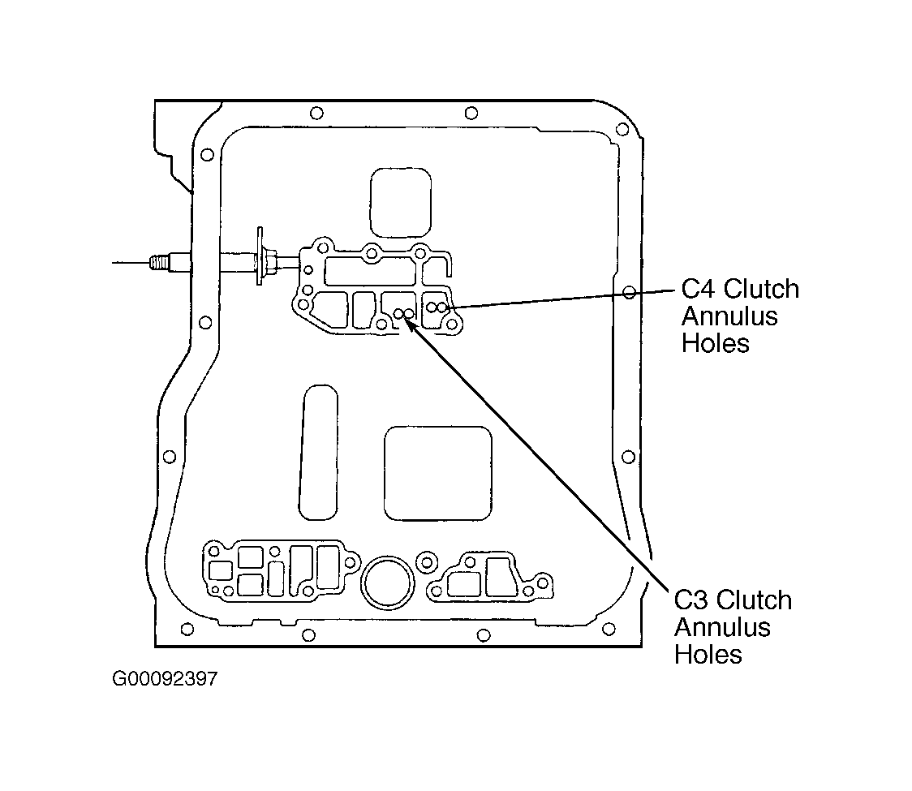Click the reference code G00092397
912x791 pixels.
165,679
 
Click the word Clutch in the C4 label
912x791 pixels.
762,289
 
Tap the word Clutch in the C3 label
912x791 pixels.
755,600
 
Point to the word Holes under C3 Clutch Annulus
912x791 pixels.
708,655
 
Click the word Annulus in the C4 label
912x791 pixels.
730,316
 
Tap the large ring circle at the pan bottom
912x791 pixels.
387,583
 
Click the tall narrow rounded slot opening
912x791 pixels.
318,452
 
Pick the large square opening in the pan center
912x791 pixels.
438,474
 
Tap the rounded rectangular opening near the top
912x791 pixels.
401,202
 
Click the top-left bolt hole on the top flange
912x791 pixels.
316,113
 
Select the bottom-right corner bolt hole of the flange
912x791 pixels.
609,629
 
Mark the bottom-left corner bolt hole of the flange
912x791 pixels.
187,630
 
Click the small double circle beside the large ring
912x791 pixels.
427,562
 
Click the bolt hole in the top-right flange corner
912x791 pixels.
622,129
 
